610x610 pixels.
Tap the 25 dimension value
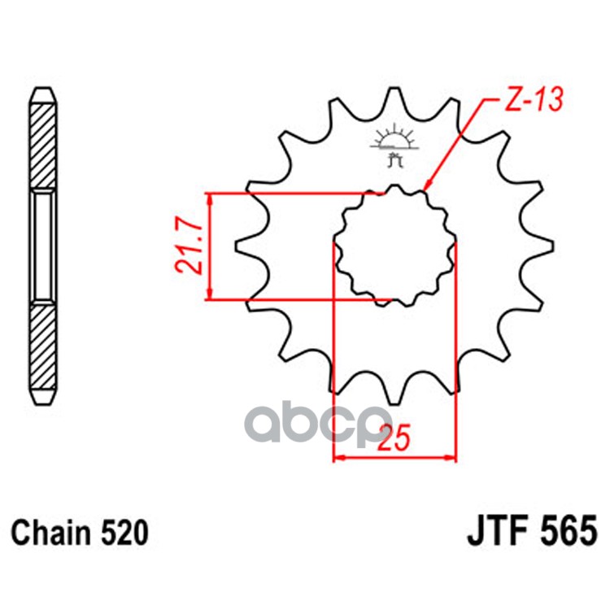pyautogui.click(x=394, y=439)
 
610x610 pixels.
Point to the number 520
pyautogui.click(x=124, y=534)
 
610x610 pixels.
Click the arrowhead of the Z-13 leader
pyautogui.click(x=427, y=190)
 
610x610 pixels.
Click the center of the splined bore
pyautogui.click(x=394, y=245)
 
